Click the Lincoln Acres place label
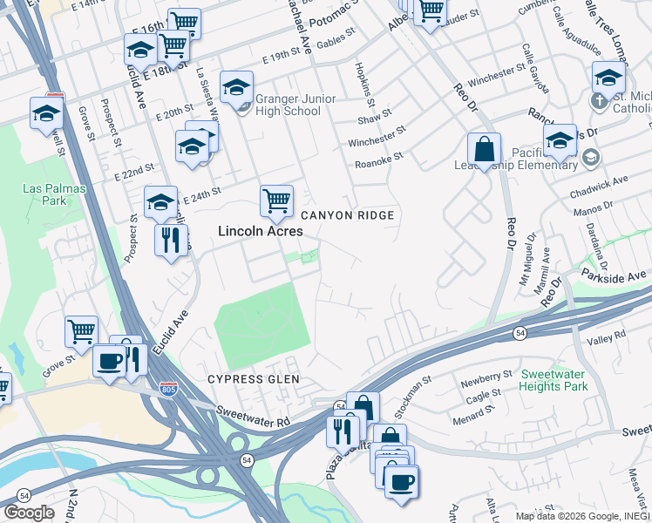point(260,231)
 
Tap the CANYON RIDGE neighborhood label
point(347,215)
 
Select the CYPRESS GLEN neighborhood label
point(253,379)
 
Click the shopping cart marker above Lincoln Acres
point(276,200)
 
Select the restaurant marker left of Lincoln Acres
point(171,239)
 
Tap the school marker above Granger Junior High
point(236,87)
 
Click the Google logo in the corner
point(29,513)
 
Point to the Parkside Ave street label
point(622,276)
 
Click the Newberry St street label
point(487,376)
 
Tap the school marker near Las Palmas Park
point(45,113)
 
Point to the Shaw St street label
point(375,116)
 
